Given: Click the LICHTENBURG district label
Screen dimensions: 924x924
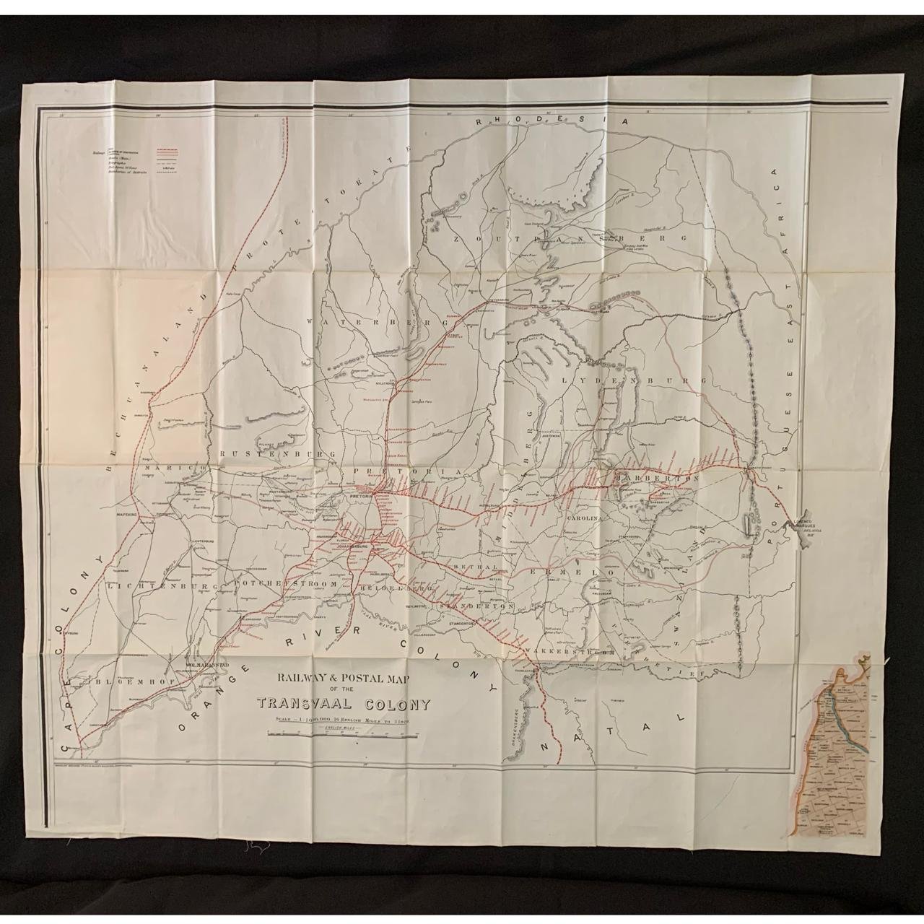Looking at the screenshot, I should point(161,587).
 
